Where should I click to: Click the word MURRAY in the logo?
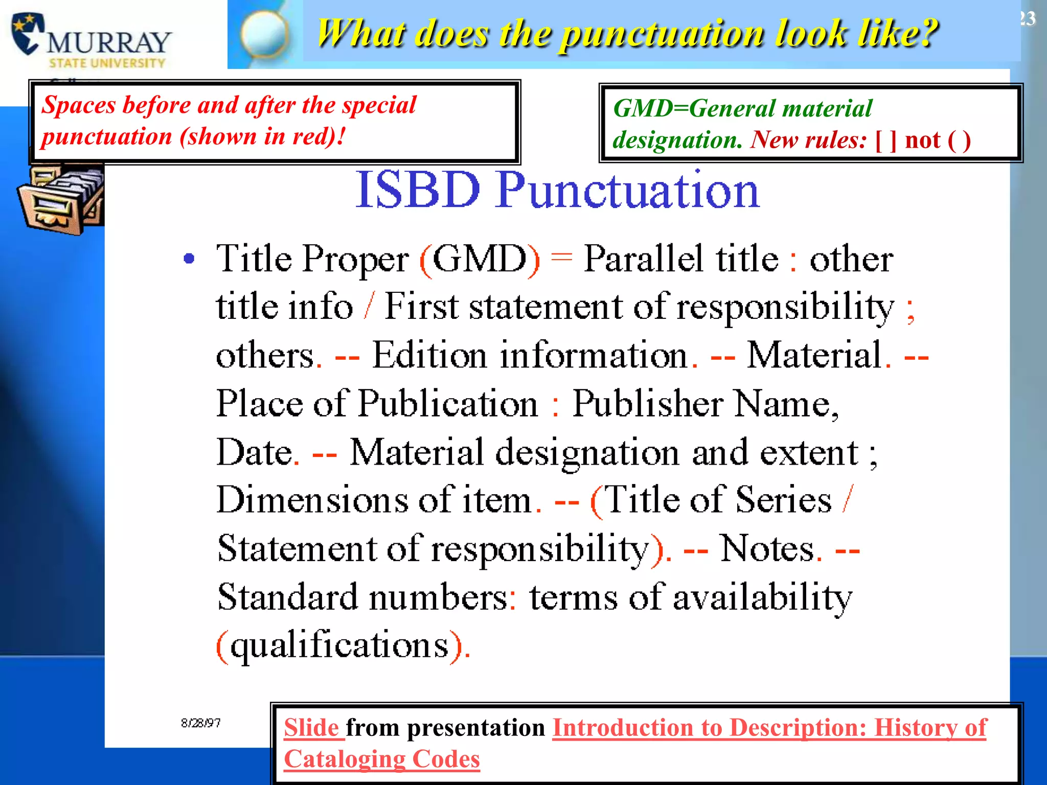[109, 43]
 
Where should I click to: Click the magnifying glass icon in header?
[264, 34]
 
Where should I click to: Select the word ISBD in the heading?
[418, 190]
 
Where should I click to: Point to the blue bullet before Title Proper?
[189, 259]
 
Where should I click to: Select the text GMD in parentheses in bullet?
[480, 259]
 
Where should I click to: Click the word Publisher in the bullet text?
[647, 404]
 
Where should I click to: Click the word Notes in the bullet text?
[767, 549]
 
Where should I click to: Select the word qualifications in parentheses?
[339, 645]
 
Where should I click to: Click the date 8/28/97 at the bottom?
[200, 723]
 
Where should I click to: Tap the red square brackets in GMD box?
[886, 140]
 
